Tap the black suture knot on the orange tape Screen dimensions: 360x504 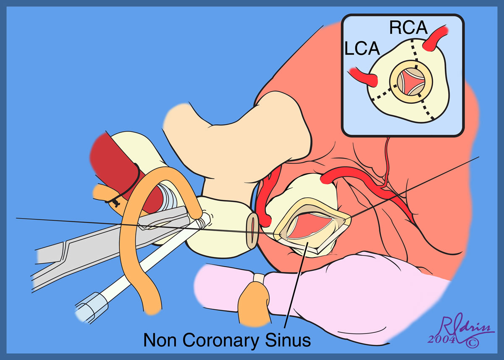[x=113, y=201]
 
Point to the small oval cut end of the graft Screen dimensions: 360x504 [x=252, y=229]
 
